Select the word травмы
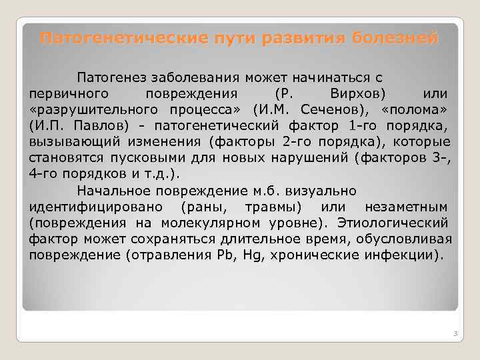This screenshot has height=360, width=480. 273,207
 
